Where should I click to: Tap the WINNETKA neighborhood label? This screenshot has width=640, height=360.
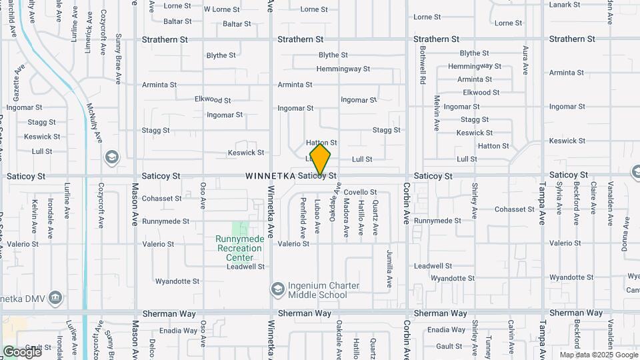(270, 177)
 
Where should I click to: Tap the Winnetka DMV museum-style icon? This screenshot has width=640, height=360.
(56, 297)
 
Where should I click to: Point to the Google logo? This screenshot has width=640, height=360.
(23, 351)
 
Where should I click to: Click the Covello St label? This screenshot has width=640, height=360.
(360, 192)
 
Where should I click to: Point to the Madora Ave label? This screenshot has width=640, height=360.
(346, 219)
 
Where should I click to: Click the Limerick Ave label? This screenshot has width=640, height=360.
(88, 40)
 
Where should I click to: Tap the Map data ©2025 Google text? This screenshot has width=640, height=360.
(598, 355)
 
